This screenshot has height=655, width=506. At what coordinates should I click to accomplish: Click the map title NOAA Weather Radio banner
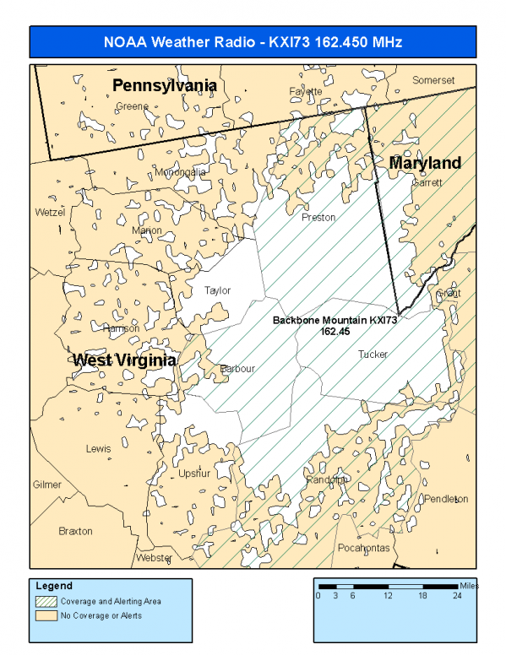(x=253, y=41)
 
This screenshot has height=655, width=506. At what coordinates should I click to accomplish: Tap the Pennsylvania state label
(x=165, y=85)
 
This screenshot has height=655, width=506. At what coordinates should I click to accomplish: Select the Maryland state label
(x=425, y=162)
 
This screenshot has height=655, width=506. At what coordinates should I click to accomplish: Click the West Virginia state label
(x=124, y=360)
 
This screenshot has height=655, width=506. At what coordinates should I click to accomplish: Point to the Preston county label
(x=318, y=217)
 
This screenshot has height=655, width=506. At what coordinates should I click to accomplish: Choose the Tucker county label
(x=373, y=355)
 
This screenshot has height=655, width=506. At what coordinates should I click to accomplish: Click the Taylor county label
(x=217, y=290)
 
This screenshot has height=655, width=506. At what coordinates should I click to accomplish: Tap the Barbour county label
(x=237, y=369)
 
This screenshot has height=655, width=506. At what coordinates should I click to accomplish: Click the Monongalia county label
(x=180, y=172)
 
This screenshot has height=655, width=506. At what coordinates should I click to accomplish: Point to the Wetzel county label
(x=50, y=213)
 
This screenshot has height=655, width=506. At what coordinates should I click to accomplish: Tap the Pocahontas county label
(x=363, y=547)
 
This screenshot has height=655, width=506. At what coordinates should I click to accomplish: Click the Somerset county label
(x=433, y=80)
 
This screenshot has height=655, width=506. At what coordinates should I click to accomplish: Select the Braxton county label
(x=75, y=531)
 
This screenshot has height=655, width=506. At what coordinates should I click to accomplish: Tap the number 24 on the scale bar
(x=457, y=595)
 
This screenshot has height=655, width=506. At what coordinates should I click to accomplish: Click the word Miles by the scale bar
(x=469, y=585)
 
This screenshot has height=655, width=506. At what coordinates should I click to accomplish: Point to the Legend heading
(x=54, y=586)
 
